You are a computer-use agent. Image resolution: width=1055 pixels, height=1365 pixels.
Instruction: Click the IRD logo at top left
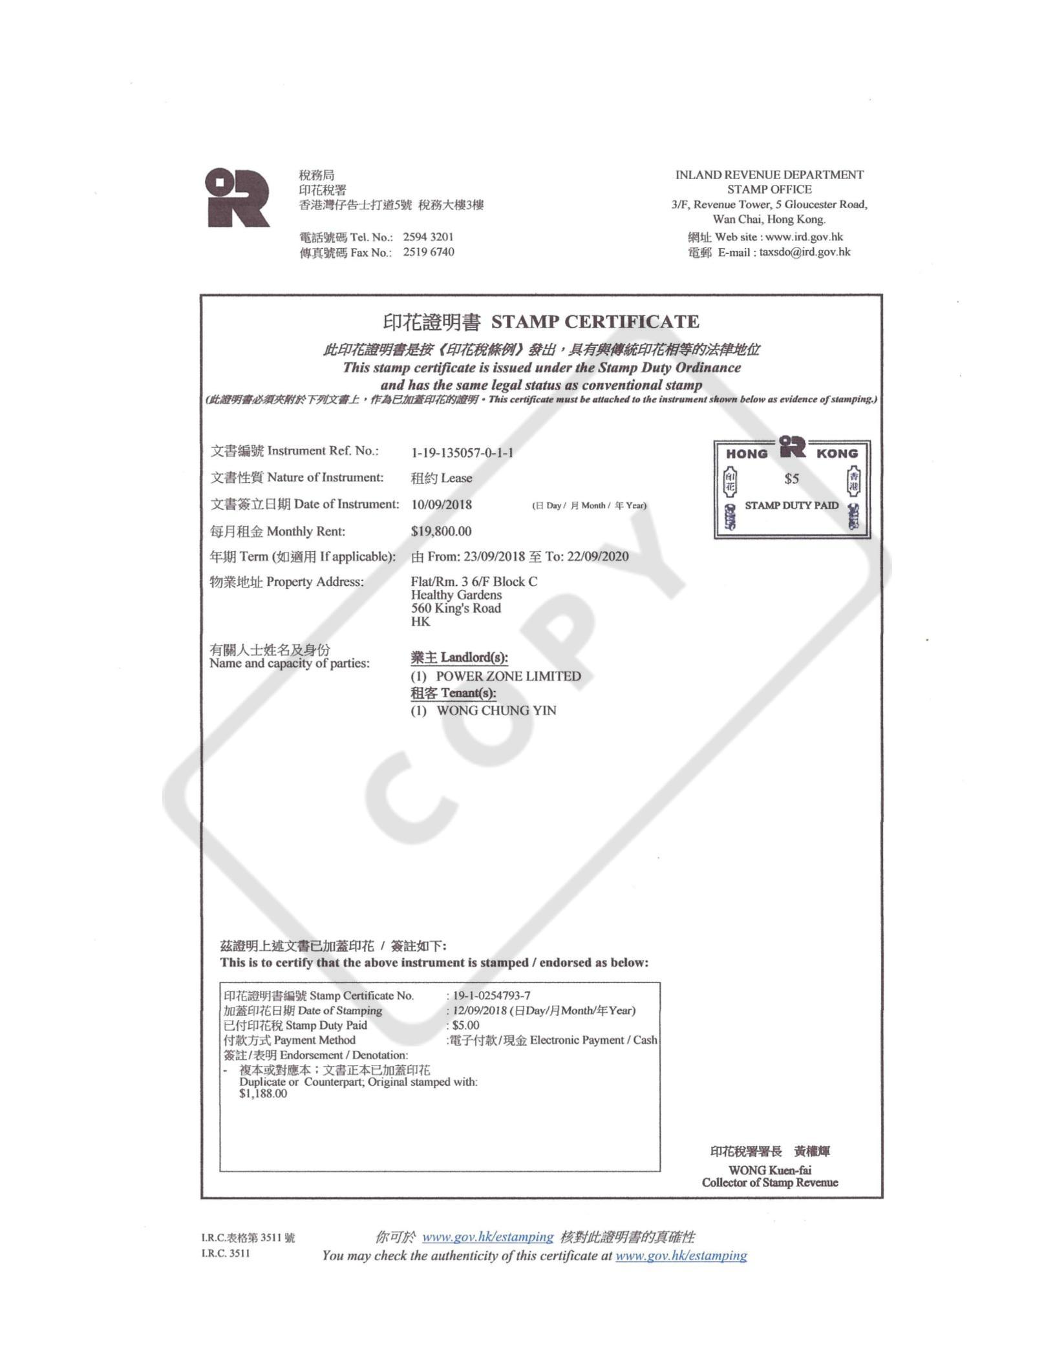click(x=237, y=197)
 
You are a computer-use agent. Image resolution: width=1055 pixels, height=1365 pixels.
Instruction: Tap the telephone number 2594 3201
click(x=428, y=237)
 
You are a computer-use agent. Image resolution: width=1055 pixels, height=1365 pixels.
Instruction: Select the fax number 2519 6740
click(x=428, y=252)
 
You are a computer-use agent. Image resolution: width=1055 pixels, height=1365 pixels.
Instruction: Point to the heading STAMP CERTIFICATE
click(x=595, y=322)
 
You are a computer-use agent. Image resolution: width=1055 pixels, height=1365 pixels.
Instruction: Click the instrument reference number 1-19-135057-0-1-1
click(x=462, y=452)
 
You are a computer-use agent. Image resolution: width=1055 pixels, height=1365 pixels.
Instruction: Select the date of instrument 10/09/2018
click(x=442, y=505)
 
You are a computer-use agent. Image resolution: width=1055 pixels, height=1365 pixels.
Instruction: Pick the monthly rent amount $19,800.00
click(x=442, y=531)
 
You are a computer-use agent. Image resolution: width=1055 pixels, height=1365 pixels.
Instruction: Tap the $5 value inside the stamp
click(x=791, y=479)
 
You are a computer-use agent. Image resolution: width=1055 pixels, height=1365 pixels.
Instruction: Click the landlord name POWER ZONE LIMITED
click(x=508, y=676)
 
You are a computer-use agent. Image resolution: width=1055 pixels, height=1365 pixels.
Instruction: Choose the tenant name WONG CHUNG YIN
click(x=496, y=710)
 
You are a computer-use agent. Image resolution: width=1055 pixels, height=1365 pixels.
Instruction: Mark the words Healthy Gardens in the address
click(x=456, y=595)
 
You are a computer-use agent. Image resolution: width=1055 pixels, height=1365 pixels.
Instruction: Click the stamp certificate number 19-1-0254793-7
click(x=491, y=995)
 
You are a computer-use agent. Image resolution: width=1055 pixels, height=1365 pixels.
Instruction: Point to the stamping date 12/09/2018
click(x=480, y=1010)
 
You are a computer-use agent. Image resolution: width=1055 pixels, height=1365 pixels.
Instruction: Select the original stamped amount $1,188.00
click(x=263, y=1094)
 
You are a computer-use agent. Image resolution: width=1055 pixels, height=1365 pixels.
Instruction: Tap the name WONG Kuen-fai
click(x=769, y=1170)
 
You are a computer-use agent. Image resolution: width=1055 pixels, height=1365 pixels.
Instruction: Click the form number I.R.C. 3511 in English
click(x=226, y=1254)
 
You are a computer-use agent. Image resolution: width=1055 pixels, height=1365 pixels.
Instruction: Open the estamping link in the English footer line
click(x=681, y=1256)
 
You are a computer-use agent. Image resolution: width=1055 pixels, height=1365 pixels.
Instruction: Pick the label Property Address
click(x=315, y=582)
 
